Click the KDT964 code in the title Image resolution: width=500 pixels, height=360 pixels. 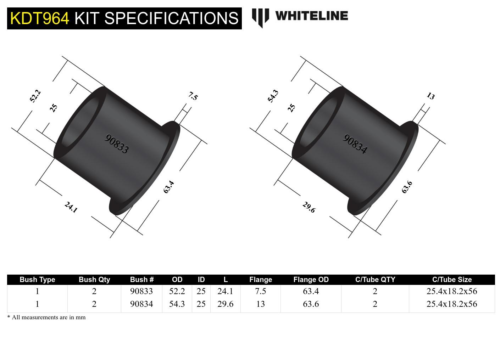tap(39, 18)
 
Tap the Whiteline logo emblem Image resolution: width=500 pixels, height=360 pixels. tap(260, 17)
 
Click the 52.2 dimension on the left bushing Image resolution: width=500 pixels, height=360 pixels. tap(35, 96)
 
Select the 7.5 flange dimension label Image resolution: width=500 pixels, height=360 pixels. tap(193, 96)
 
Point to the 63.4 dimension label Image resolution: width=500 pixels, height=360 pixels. tap(169, 187)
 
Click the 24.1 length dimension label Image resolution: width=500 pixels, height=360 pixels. tap(71, 207)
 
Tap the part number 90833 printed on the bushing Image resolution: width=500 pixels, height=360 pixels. tap(116, 144)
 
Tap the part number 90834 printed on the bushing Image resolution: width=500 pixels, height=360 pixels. tap(355, 144)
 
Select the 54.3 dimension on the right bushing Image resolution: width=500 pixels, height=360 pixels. tap(273, 96)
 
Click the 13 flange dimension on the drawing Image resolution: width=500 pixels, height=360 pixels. tap(430, 96)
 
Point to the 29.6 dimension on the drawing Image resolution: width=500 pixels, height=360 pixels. tap(309, 207)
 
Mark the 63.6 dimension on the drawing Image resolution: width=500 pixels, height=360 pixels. tap(407, 187)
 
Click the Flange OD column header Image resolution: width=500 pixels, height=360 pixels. tap(311, 280)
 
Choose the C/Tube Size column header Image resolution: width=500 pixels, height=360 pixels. tap(452, 280)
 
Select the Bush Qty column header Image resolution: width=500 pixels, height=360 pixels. tap(94, 280)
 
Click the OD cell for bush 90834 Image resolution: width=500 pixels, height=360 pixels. tap(177, 304)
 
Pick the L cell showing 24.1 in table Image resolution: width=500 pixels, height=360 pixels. tap(225, 291)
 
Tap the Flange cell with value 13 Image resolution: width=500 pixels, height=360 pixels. tap(260, 304)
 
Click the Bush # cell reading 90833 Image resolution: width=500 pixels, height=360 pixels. tap(141, 291)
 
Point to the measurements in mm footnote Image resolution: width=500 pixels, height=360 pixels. tap(46, 317)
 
